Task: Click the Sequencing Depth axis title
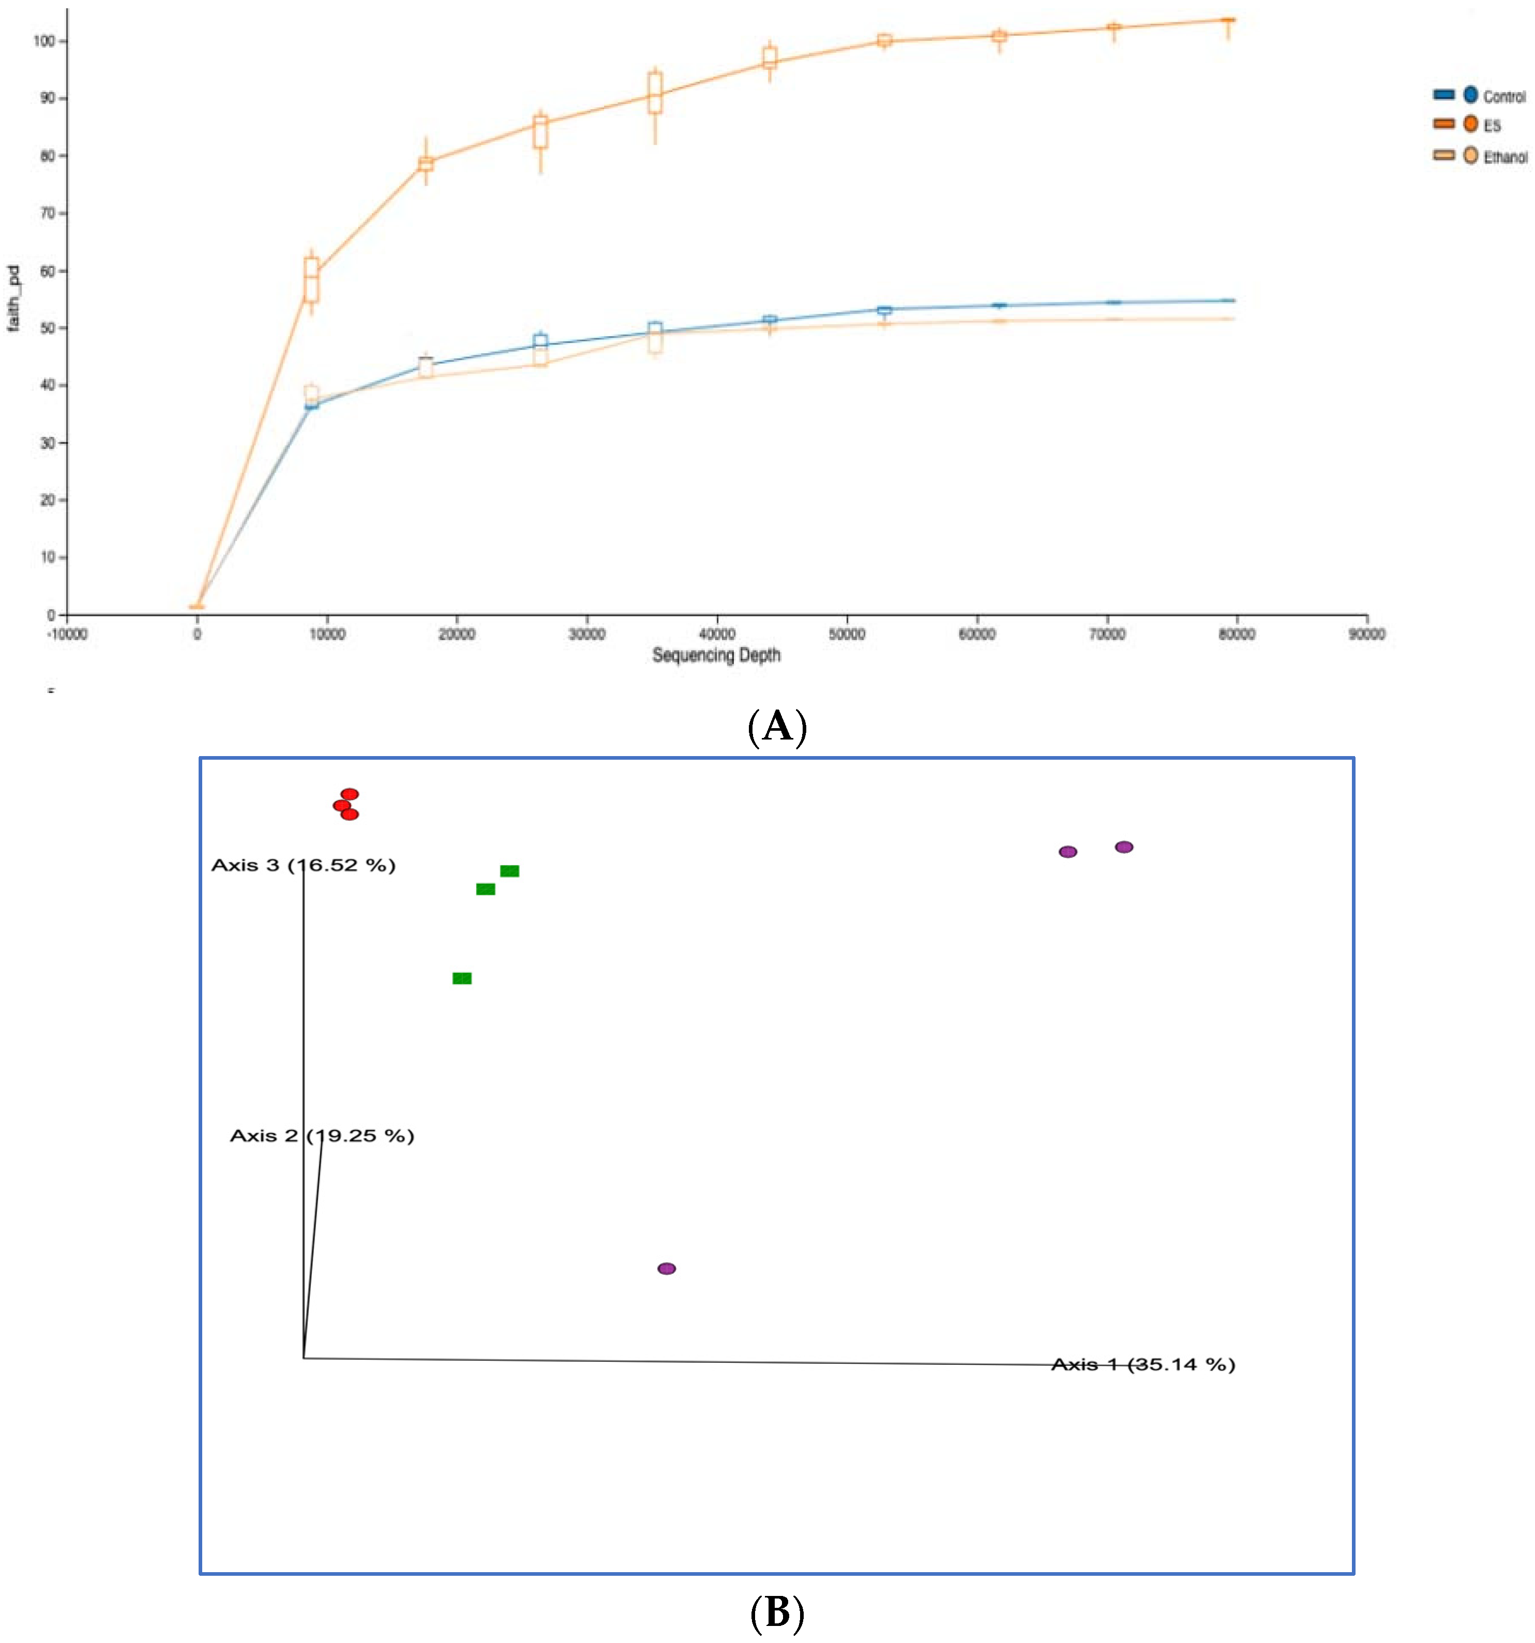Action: pyautogui.click(x=716, y=655)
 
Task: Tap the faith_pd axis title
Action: pyautogui.click(x=13, y=298)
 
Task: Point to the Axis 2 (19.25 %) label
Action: pyautogui.click(x=322, y=1136)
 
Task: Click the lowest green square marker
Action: pyautogui.click(x=461, y=978)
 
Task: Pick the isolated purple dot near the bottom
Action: pyautogui.click(x=666, y=1269)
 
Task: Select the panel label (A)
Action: pyautogui.click(x=776, y=727)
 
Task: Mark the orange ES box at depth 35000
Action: pyautogui.click(x=655, y=93)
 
